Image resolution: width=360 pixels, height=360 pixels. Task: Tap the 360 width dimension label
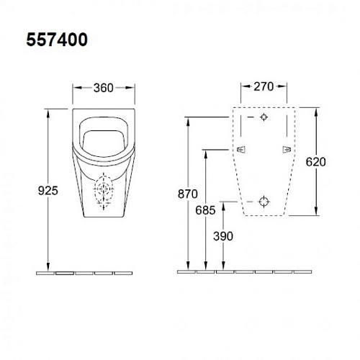(x=104, y=88)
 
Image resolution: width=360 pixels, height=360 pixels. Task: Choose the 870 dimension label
(x=188, y=192)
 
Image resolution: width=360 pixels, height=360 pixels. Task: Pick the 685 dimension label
(x=204, y=210)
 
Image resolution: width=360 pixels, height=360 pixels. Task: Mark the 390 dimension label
(x=222, y=235)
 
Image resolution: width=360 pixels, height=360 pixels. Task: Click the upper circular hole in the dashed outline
(x=264, y=117)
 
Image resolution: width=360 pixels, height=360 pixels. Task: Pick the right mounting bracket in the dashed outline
(x=287, y=149)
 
